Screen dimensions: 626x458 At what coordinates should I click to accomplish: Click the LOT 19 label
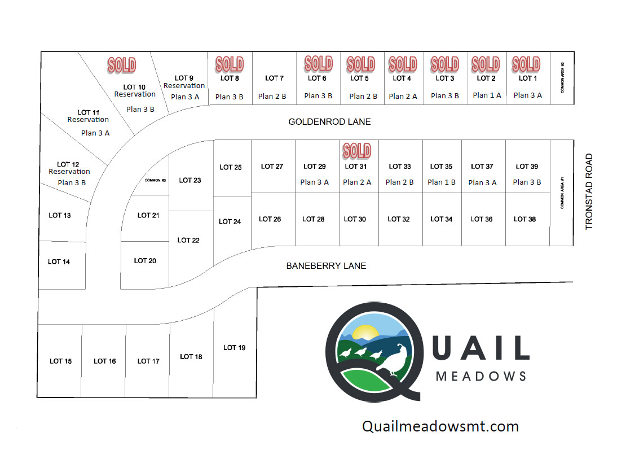coord(235,348)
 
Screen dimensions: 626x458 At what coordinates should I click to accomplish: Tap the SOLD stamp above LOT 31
coord(357,151)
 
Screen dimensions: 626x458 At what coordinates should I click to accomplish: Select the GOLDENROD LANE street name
coord(329,122)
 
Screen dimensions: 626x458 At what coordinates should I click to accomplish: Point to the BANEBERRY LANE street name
coord(326,266)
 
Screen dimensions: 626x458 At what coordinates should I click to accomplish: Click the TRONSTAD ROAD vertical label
coord(589,191)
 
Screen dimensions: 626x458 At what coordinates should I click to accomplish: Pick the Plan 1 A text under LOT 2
coord(487,95)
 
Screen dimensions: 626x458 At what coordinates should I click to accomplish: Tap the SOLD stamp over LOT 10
coord(122,65)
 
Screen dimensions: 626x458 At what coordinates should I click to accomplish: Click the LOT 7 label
coord(274,78)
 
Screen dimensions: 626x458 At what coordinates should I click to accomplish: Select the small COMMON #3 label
coord(155,180)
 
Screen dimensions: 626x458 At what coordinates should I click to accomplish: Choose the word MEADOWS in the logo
coord(481,376)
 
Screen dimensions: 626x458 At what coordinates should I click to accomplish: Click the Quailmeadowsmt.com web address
coord(440,426)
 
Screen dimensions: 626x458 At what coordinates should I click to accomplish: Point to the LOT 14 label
coord(59,262)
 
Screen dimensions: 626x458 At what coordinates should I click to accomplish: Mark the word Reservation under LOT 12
coord(69,172)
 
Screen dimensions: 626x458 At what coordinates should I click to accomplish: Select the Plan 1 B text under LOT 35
coord(442,182)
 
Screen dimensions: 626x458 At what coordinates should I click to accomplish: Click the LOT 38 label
coord(524,219)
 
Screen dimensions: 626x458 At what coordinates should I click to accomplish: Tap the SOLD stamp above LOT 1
coord(526,64)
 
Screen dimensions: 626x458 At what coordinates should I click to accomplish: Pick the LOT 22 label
coord(188,240)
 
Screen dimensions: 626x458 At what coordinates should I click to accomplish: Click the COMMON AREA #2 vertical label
coord(562,77)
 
